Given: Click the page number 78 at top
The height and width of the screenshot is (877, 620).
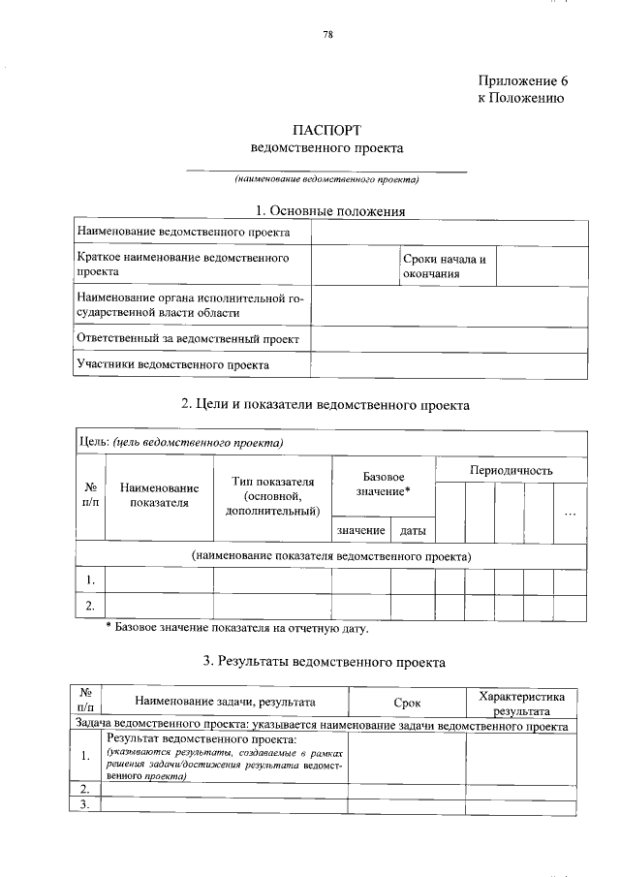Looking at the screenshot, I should (327, 36).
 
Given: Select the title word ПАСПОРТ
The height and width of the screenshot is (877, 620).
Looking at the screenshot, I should (327, 130).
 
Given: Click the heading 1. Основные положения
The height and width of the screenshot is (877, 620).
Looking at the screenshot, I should (329, 210).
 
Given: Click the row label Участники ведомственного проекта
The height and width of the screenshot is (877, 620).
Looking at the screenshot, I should (173, 365).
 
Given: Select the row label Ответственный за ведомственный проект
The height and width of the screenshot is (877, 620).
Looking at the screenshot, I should (188, 339).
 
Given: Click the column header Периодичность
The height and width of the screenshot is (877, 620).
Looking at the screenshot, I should (511, 470).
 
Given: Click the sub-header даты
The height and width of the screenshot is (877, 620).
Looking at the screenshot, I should (413, 531).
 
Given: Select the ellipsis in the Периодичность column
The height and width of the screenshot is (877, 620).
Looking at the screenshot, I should (570, 511).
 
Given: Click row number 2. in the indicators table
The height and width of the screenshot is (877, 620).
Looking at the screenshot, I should (90, 608).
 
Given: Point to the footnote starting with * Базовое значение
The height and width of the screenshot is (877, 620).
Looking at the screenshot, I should (237, 629).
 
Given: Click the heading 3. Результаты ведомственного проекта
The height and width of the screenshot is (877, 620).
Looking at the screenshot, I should (325, 663).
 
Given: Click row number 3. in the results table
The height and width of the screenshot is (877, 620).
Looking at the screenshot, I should (85, 804).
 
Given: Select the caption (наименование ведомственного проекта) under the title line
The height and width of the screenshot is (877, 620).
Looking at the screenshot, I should (326, 179).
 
